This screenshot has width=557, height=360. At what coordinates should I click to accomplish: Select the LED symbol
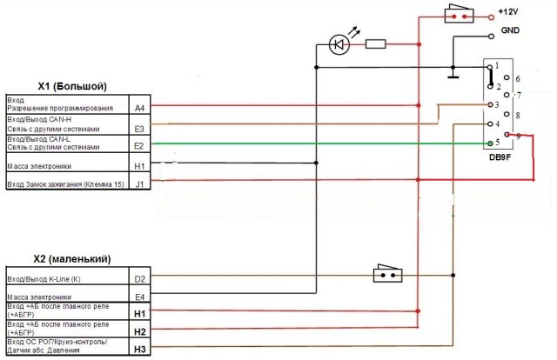click(340, 43)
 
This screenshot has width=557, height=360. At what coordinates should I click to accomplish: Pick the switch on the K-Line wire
click(389, 276)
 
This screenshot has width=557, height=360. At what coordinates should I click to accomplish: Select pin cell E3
click(139, 127)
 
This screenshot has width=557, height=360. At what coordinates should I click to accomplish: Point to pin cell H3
click(139, 349)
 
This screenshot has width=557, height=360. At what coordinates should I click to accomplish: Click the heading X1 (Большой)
click(72, 86)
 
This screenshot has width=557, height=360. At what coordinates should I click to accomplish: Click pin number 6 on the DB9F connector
click(517, 78)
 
